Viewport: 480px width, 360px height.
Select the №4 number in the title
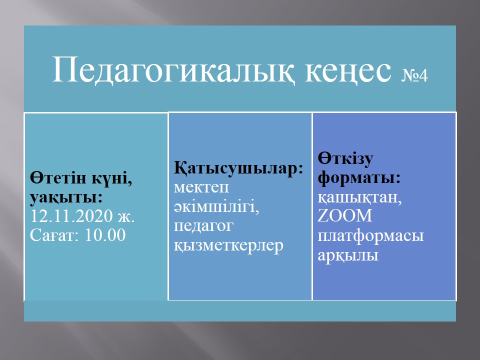[414, 75]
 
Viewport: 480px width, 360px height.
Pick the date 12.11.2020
[71, 216]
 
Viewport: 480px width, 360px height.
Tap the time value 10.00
[105, 235]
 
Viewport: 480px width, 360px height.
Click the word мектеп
[201, 187]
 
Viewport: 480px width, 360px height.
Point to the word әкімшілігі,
[216, 206]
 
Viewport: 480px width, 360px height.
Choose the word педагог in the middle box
[203, 226]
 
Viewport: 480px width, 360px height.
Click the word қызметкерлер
[228, 245]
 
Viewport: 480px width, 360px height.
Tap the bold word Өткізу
[345, 158]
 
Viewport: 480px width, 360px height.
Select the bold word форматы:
[359, 178]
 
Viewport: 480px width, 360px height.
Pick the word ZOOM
[344, 215]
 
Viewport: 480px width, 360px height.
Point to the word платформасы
[370, 236]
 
